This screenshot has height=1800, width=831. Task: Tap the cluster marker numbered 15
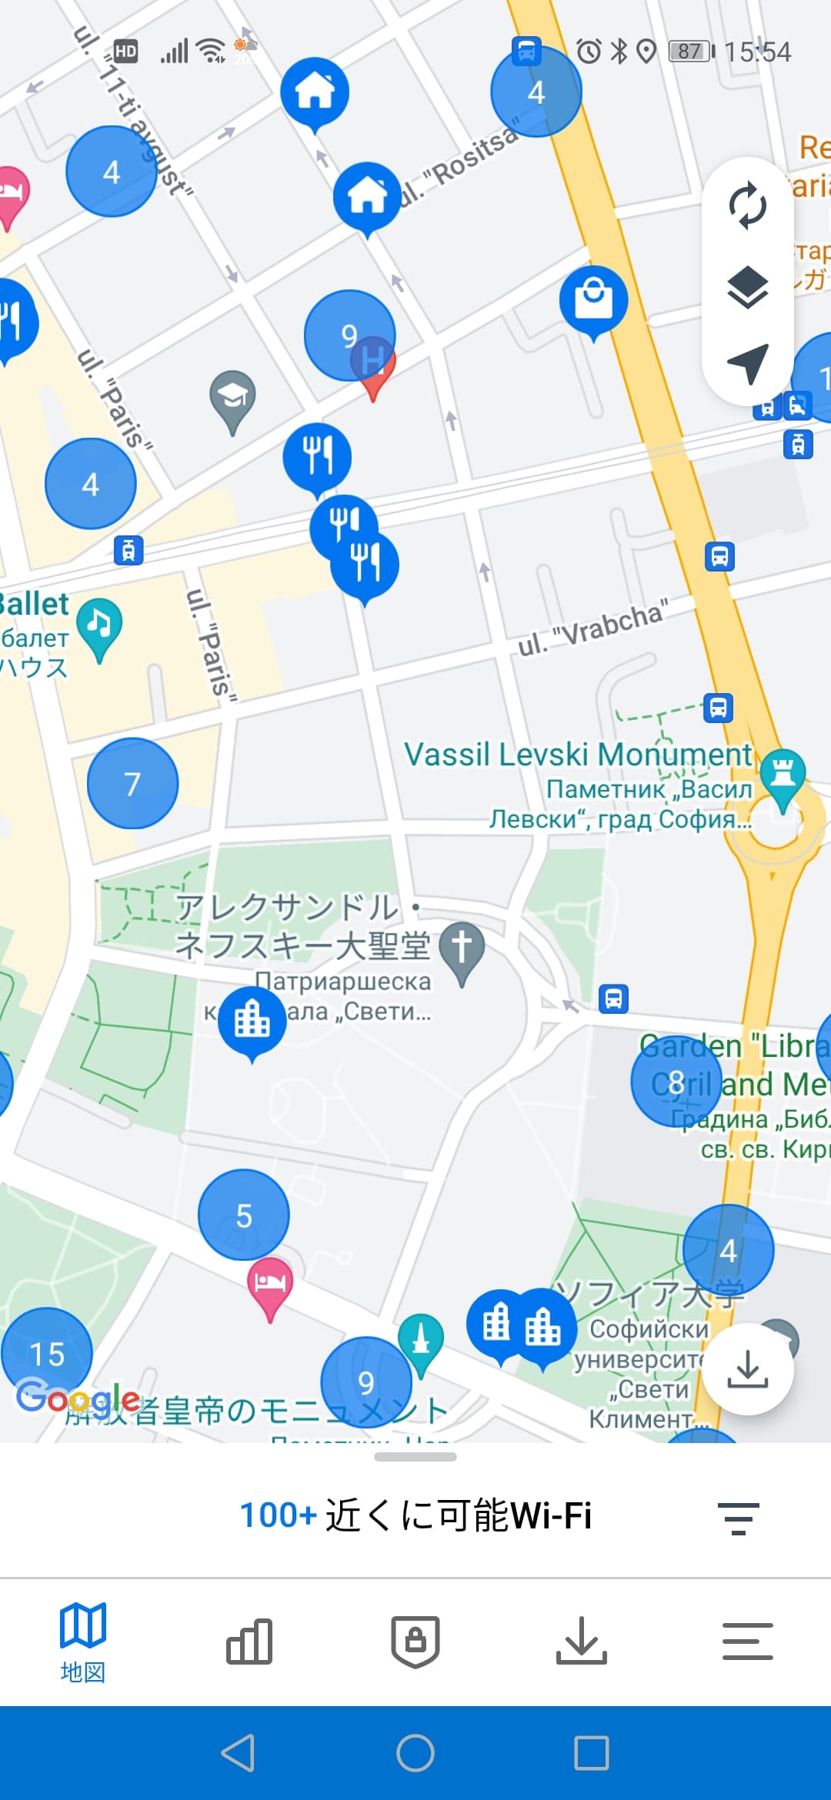[46, 1353]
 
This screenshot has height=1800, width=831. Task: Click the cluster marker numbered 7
[133, 783]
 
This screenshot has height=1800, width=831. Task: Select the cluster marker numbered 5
[244, 1215]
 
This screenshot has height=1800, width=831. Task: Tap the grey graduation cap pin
[232, 398]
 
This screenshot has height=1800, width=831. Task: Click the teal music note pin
[99, 623]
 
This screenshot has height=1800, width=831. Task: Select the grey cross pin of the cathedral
[462, 947]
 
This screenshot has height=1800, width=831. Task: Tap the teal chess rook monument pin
[783, 773]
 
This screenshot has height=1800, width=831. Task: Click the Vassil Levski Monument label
[578, 755]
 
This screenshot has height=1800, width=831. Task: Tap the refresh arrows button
[747, 206]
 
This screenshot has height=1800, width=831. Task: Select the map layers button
[747, 287]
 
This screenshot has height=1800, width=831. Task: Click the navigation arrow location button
[747, 363]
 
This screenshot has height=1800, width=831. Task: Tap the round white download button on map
[748, 1369]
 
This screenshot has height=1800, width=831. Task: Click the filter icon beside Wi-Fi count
[739, 1518]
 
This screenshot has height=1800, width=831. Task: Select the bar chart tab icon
[249, 1641]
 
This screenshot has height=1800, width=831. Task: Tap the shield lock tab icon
[415, 1641]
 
